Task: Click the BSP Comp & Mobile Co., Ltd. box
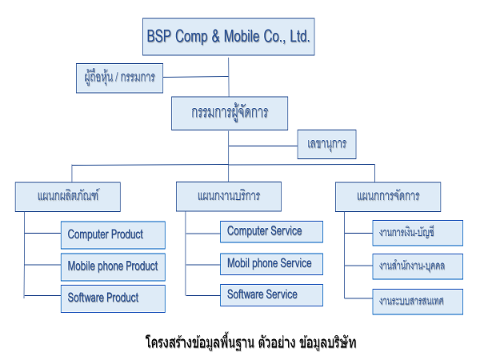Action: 228,37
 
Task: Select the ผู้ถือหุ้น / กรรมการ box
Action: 119,78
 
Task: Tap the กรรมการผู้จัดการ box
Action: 230,114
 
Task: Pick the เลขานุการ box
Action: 326,144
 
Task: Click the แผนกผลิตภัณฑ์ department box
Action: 68,197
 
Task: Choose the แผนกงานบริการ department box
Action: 229,197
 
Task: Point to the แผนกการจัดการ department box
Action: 388,197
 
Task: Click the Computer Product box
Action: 113,235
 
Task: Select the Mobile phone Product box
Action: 113,267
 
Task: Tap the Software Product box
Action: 113,298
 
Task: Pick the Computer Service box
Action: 271,232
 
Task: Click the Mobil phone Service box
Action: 271,264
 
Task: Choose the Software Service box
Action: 271,295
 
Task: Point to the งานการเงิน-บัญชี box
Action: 418,233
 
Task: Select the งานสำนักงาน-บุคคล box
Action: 418,266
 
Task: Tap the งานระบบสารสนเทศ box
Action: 418,302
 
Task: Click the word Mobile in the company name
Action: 242,36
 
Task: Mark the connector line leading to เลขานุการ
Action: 263,146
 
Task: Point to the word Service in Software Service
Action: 282,294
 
